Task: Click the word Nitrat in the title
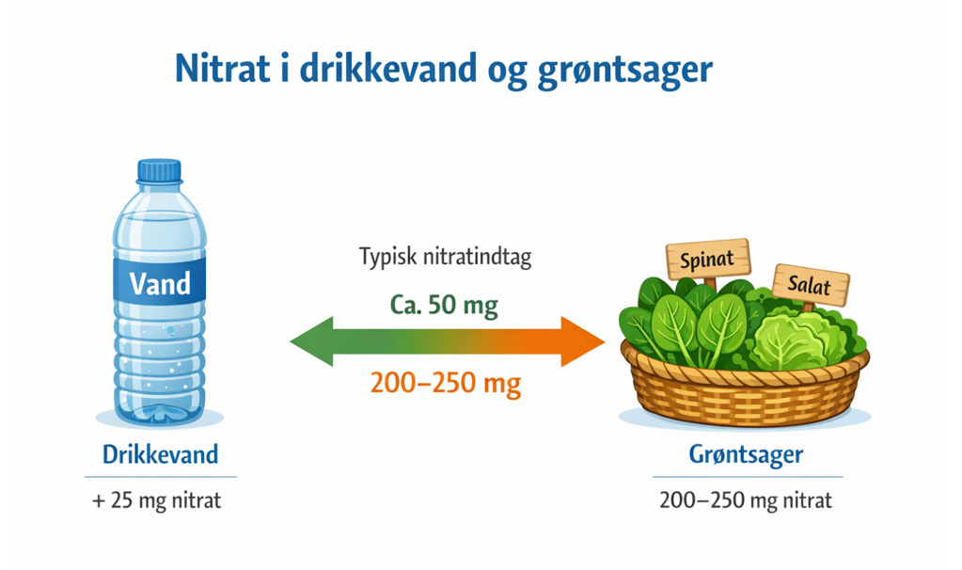coord(222,68)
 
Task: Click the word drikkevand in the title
coord(387,68)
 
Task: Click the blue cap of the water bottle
coord(160,171)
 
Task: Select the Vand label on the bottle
coord(160,283)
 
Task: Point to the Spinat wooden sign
coord(708,259)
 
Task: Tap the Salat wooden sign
coord(811,285)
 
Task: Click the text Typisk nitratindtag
coord(446,257)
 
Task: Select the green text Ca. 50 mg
coord(444,305)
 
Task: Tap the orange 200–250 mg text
coord(446,384)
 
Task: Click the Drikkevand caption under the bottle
coord(160,454)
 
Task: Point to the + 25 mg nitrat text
coord(156,500)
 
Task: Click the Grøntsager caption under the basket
coord(746,454)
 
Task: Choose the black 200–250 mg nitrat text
coord(746,500)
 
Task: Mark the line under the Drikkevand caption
coord(161,477)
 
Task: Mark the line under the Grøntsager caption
coord(748,477)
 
